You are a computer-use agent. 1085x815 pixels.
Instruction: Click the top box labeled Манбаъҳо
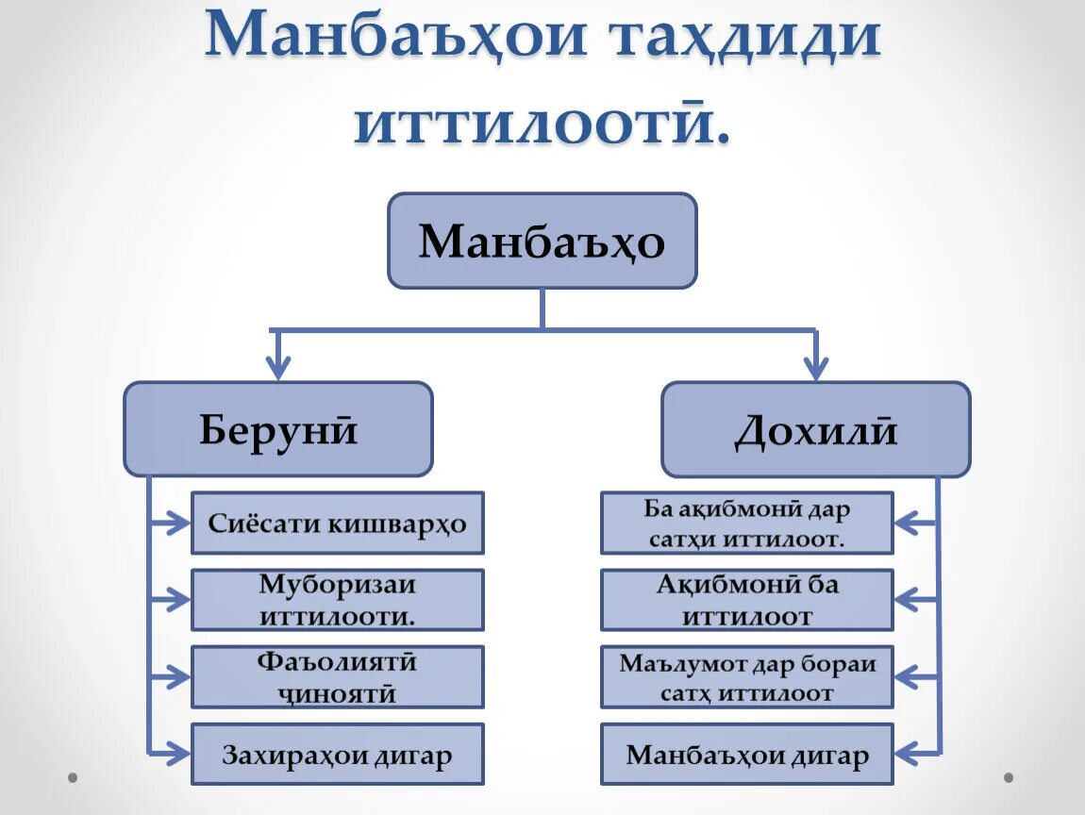tap(542, 241)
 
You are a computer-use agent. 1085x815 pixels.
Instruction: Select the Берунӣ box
tap(278, 428)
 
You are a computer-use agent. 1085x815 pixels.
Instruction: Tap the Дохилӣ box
tap(815, 428)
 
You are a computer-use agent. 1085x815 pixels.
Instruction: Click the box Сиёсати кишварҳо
tap(337, 523)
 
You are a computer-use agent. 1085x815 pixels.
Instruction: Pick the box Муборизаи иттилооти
tap(337, 600)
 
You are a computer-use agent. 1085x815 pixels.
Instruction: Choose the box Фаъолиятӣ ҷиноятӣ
tap(337, 677)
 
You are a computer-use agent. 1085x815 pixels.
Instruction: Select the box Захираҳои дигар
tap(337, 755)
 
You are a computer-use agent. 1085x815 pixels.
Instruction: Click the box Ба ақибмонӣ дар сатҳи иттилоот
tap(746, 523)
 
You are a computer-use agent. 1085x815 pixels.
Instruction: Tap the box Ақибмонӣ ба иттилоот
tap(746, 600)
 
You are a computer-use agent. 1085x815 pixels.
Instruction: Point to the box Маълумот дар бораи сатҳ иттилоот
tap(746, 677)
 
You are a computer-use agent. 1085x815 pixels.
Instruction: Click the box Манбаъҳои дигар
tap(746, 755)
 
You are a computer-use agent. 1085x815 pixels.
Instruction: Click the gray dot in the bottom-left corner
tap(73, 778)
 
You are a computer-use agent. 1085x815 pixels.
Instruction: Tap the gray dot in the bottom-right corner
tap(1008, 778)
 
